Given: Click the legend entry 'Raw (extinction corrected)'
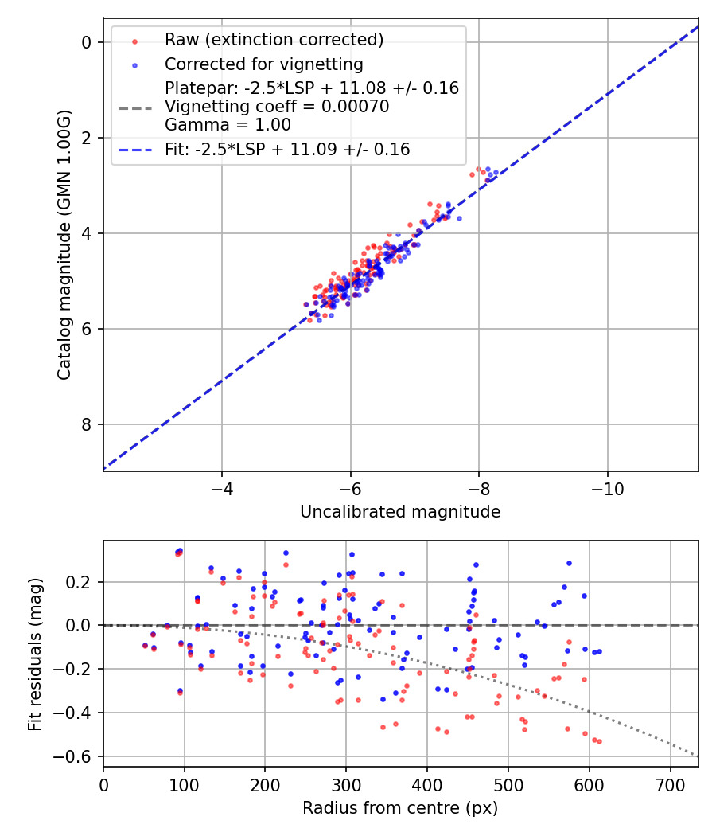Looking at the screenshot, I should coord(274,40).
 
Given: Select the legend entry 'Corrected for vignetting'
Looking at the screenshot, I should coord(263,64).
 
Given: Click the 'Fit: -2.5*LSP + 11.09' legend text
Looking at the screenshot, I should coord(287,149).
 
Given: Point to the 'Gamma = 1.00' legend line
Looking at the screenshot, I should coord(228,125).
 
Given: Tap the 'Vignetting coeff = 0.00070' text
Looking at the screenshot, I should coord(277,107).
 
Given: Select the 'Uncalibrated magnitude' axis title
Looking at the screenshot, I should coord(400,512).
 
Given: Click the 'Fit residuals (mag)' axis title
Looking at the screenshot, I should coord(34,654).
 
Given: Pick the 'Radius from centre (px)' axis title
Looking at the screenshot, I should coord(400,808).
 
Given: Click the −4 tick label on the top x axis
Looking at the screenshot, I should coord(222,486).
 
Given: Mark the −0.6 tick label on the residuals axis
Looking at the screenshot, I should coord(78,756).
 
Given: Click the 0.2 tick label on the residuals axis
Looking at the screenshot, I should coord(83,582).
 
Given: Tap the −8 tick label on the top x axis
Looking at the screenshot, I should coord(478,486).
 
